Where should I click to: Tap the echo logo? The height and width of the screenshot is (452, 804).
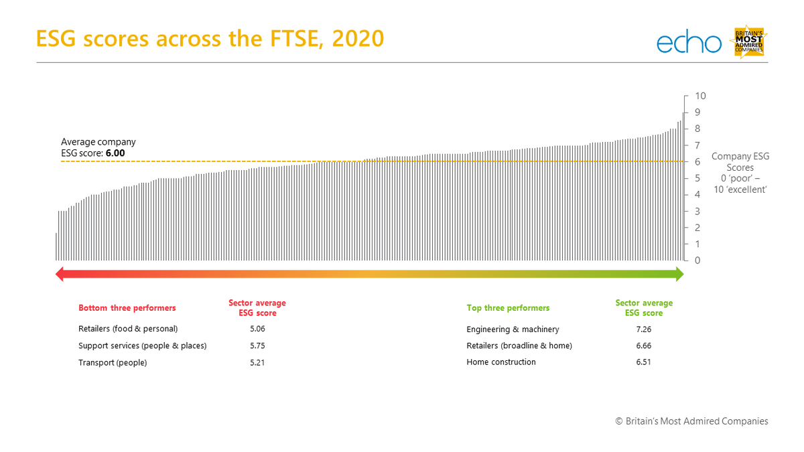tap(689, 43)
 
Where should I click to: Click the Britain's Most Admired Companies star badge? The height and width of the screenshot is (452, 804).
tap(749, 42)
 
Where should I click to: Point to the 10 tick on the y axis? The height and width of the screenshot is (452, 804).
tap(699, 96)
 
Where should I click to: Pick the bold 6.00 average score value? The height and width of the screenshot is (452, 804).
tap(115, 153)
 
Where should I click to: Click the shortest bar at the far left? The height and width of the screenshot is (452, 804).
tap(56, 246)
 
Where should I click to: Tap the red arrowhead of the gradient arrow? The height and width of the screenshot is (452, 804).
tap(60, 273)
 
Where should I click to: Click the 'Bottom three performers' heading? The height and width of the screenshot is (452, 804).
tap(127, 308)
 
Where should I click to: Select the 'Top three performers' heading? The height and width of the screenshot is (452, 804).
tap(508, 308)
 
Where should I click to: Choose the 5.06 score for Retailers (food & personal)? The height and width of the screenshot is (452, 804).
tap(257, 329)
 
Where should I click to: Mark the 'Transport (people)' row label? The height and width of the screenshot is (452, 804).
tap(113, 363)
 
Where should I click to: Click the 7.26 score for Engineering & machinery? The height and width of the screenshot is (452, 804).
tap(643, 329)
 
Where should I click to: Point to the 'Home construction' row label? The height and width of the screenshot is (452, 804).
tap(501, 362)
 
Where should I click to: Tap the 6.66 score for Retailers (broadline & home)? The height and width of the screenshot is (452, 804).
tap(643, 346)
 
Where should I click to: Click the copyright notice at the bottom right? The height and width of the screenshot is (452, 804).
tap(691, 421)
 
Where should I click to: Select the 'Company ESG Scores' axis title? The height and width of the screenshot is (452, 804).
tap(740, 162)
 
